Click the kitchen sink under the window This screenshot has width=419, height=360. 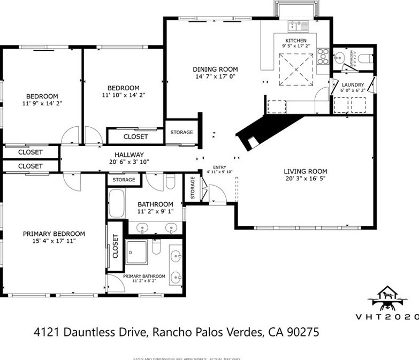[x=295, y=25]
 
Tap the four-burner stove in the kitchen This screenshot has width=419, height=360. [x=323, y=53]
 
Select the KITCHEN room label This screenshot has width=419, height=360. [x=295, y=41]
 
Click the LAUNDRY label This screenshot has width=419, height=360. [x=353, y=85]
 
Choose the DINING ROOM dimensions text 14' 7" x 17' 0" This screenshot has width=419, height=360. [x=215, y=76]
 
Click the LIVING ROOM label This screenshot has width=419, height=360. [x=304, y=171]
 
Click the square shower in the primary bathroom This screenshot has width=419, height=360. [x=137, y=252]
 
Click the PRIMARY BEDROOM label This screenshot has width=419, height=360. [x=54, y=234]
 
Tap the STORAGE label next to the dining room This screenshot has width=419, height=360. [x=181, y=133]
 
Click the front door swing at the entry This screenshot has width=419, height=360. [x=216, y=193]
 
